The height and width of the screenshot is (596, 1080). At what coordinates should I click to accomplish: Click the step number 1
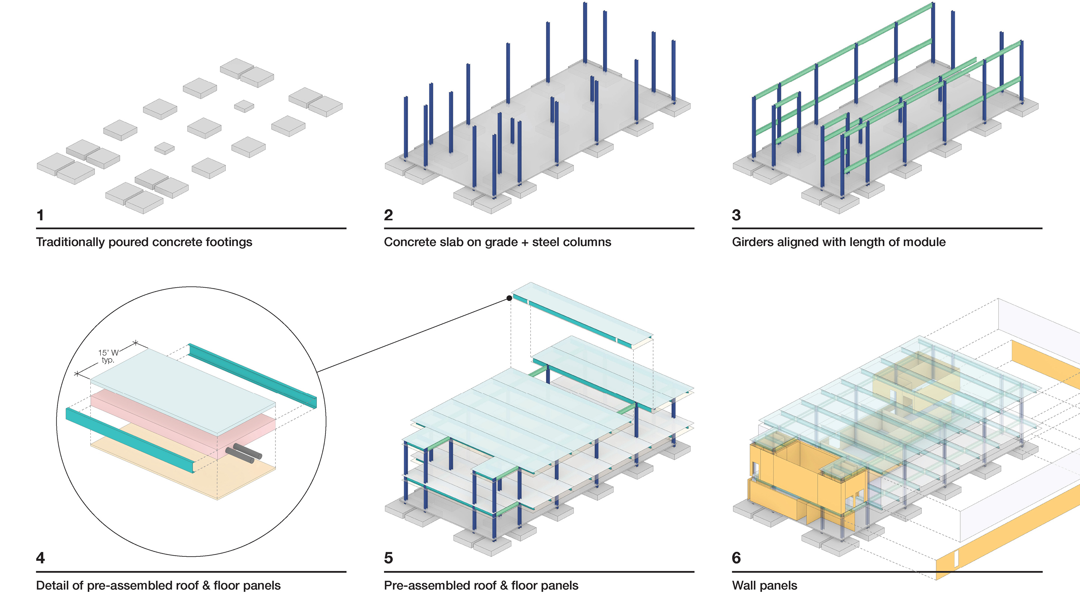tap(40, 215)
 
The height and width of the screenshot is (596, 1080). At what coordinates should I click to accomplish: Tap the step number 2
tap(388, 215)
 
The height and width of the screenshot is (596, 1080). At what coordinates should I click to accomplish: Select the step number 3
tap(737, 215)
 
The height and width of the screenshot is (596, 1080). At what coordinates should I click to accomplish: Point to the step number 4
tap(41, 558)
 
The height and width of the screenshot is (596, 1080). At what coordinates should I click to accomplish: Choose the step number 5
tap(388, 558)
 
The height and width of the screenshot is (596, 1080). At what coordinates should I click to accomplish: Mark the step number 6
tap(737, 558)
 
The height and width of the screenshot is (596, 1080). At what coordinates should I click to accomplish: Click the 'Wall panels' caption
tap(765, 586)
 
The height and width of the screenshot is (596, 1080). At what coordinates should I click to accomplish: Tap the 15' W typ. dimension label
tap(108, 356)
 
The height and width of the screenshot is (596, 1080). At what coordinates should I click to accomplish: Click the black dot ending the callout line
tap(509, 298)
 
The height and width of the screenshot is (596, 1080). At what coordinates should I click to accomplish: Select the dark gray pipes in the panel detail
tap(244, 453)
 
